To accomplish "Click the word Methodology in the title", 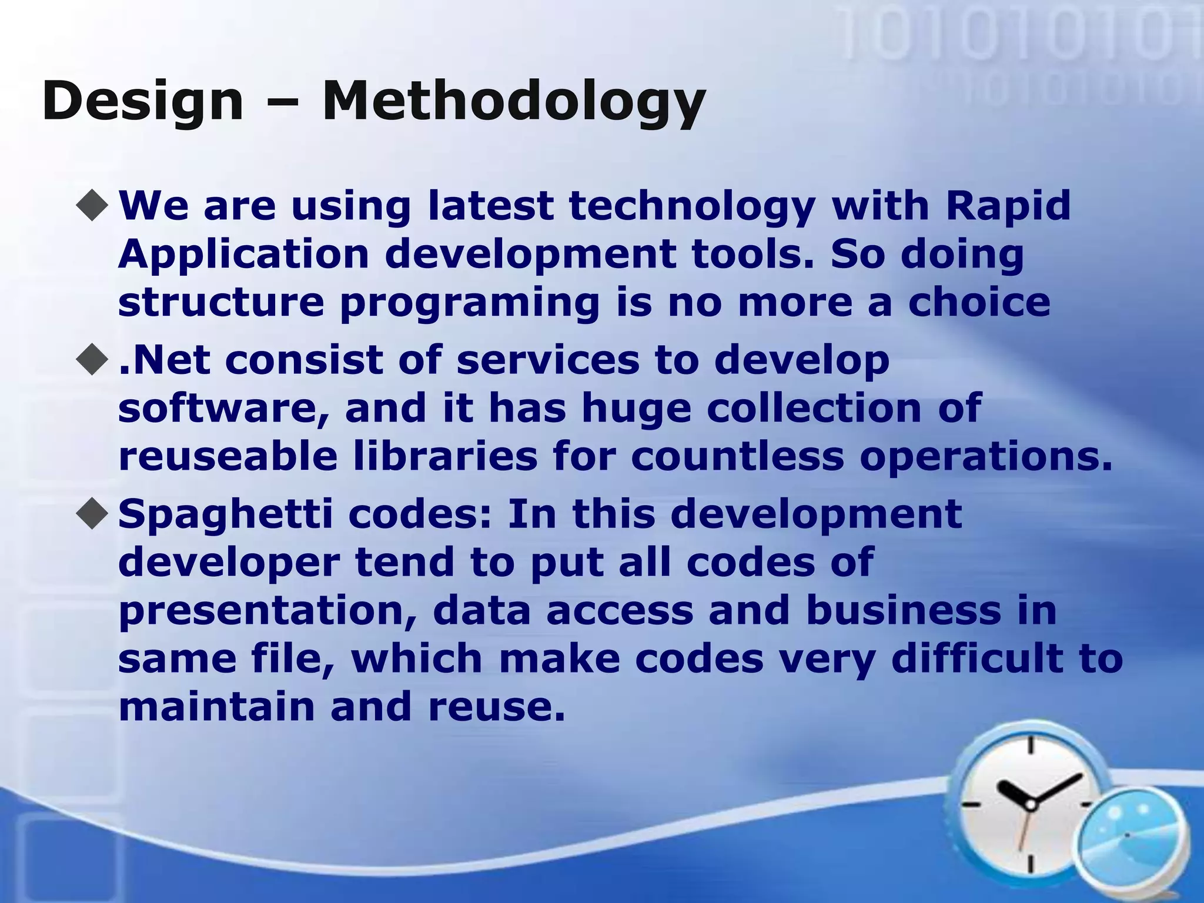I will coord(513,101).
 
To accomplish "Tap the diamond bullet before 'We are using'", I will coord(93,206).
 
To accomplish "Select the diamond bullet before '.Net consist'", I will coord(93,360).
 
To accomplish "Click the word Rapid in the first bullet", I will coord(1008,206).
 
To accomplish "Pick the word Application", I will coord(243,255).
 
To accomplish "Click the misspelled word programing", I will coord(470,303).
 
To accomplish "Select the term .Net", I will coord(164,360).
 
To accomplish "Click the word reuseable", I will coord(228,457).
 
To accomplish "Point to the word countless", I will coord(737,457).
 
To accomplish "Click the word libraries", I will coord(445,457).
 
